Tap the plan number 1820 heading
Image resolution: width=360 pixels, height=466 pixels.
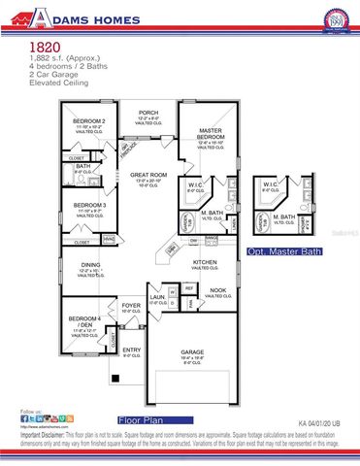point(44,46)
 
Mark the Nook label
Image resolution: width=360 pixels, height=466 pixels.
point(219,289)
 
